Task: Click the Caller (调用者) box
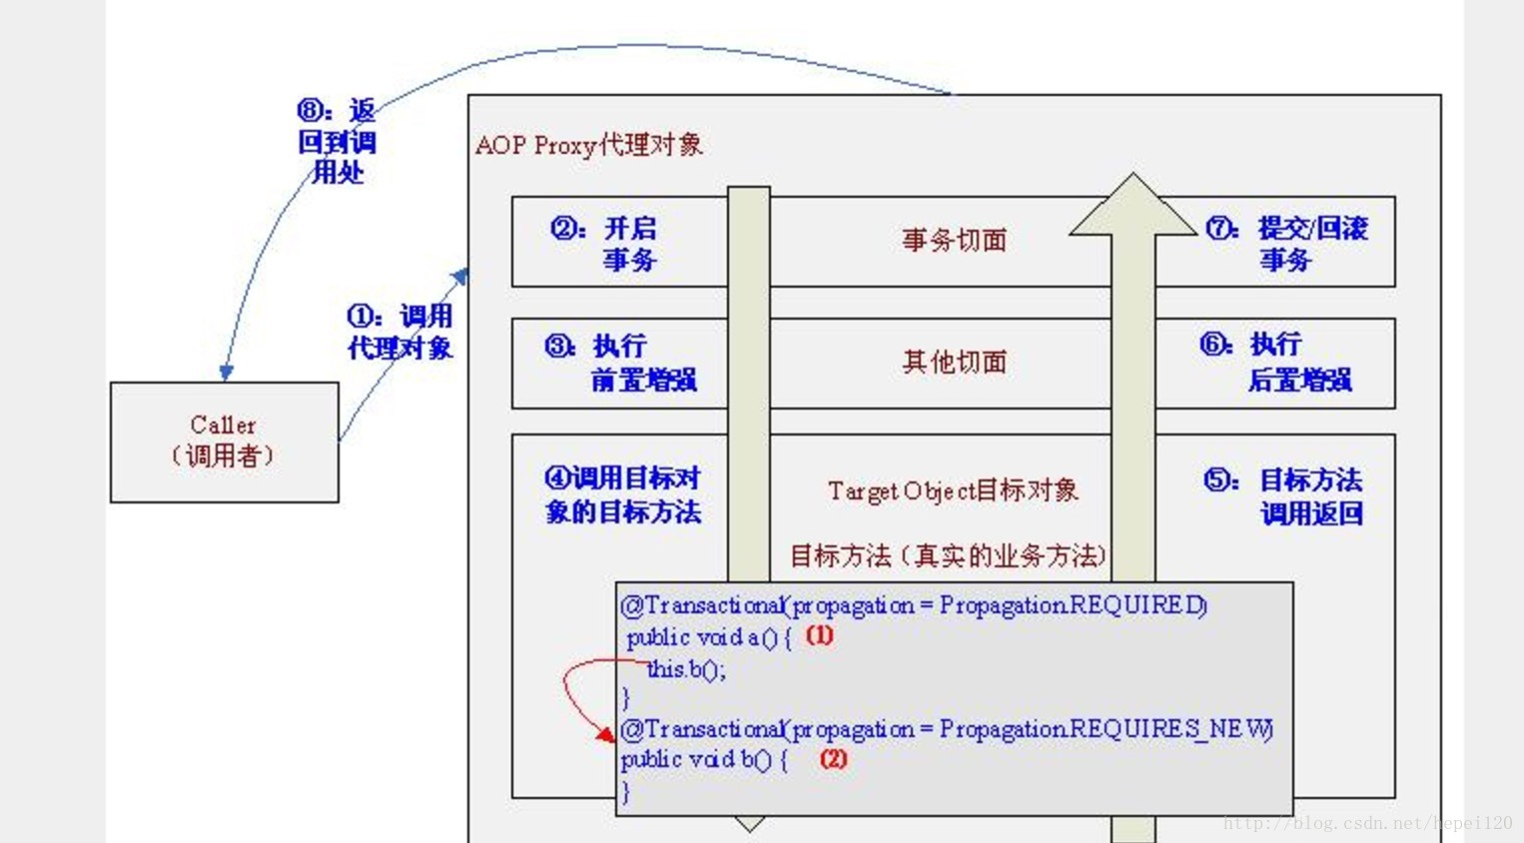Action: click(x=224, y=441)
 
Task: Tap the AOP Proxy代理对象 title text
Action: click(x=588, y=146)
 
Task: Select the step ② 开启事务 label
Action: click(x=605, y=244)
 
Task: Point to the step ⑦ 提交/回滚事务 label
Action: click(x=1286, y=244)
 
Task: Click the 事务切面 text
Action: click(x=954, y=241)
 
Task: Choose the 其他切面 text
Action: click(x=954, y=363)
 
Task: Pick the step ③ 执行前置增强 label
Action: click(x=620, y=363)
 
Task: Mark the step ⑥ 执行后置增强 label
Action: click(x=1276, y=363)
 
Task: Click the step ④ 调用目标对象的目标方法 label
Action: click(x=623, y=494)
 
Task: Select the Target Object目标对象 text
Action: click(x=953, y=491)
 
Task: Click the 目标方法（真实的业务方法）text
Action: click(x=948, y=556)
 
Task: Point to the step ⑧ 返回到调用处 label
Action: click(x=337, y=141)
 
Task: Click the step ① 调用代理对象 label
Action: click(x=399, y=332)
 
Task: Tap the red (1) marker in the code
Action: click(x=819, y=635)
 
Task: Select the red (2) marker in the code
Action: click(x=833, y=759)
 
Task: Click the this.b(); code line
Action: click(x=686, y=669)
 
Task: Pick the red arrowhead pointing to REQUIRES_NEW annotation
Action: click(x=605, y=735)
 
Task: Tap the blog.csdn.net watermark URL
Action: click(x=1367, y=824)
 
